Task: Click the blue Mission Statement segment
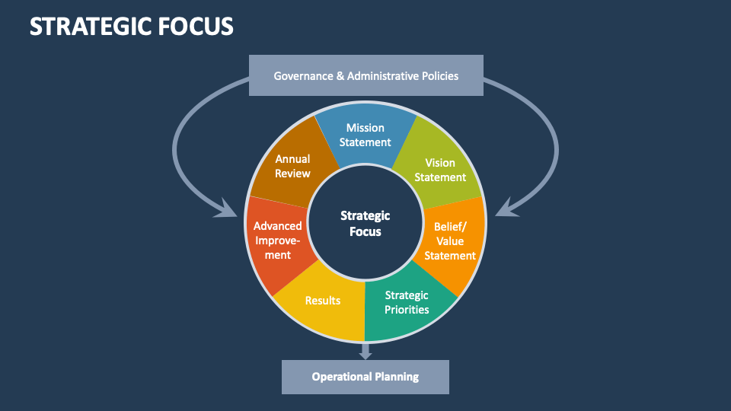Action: pos(365,135)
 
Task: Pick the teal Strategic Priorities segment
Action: pos(407,302)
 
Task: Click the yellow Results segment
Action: pos(323,301)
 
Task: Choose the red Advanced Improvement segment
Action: pos(278,241)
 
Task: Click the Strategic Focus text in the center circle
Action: pos(365,224)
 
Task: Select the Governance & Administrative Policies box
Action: pos(365,75)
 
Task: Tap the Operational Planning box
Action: pos(365,377)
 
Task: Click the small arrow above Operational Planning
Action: pos(365,351)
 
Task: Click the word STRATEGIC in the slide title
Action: pos(90,27)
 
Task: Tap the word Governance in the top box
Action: pos(302,75)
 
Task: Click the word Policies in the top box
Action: pos(437,75)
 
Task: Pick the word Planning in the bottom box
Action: pos(397,377)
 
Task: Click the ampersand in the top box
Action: pos(340,75)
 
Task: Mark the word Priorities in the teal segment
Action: pos(407,310)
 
